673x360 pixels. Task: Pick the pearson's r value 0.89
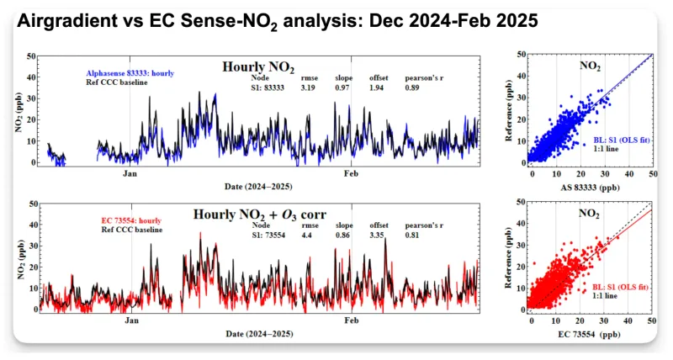click(x=417, y=87)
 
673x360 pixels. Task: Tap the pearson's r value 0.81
click(x=417, y=235)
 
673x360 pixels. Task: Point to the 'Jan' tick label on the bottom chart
click(x=130, y=321)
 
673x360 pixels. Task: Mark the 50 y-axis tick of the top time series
click(x=31, y=56)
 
